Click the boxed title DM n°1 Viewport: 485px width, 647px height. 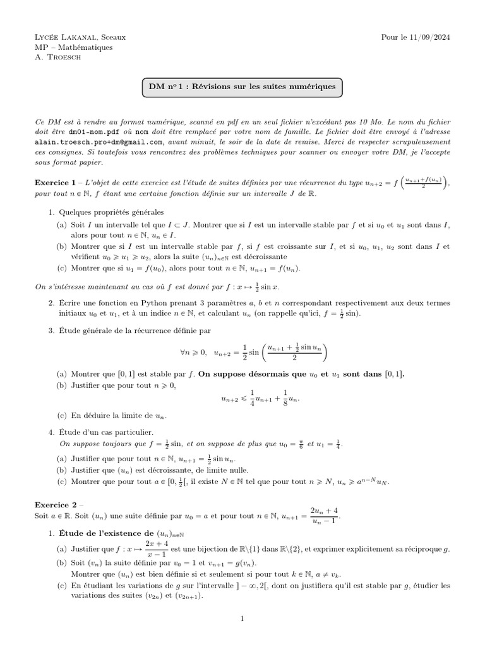(x=242, y=87)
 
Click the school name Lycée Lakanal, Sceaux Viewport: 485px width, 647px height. (x=80, y=37)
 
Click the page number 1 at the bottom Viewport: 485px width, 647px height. (x=242, y=619)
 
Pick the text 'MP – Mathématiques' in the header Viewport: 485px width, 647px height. (x=74, y=47)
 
